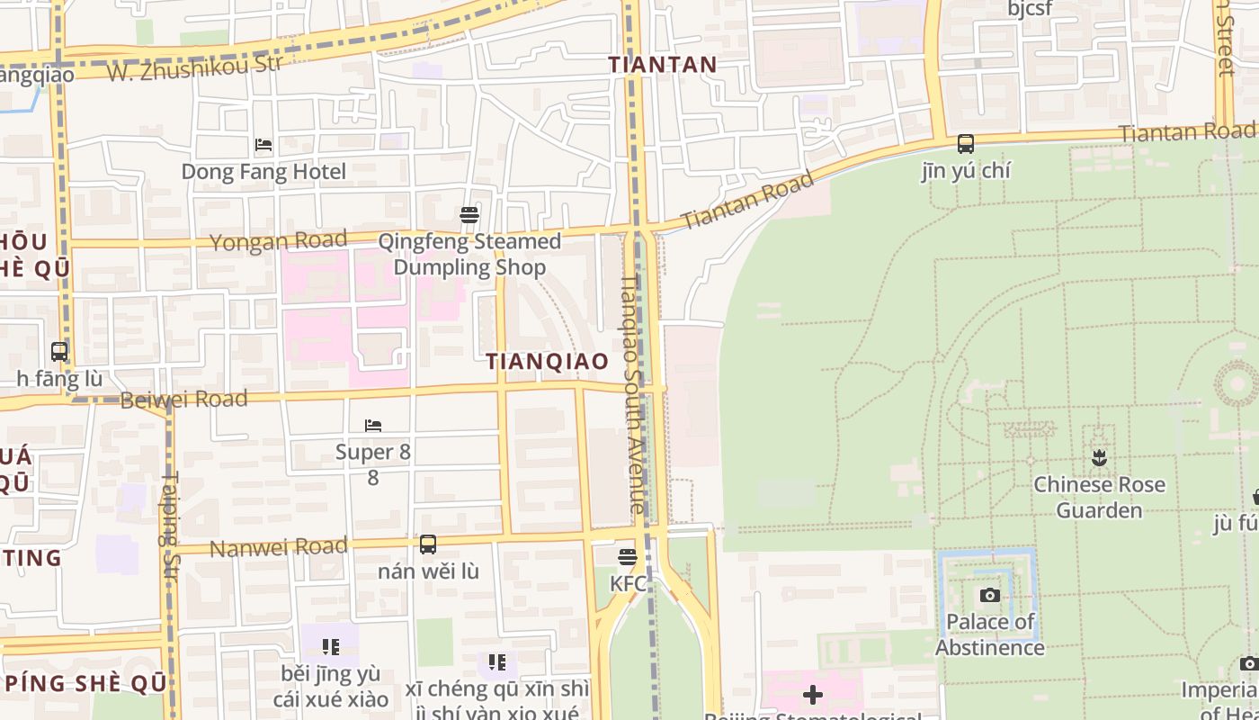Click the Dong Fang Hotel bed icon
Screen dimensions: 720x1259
[x=263, y=144]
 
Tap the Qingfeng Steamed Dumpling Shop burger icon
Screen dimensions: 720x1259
[x=469, y=214]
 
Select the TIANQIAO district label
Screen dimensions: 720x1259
[x=547, y=361]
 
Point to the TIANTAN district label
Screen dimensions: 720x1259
[x=662, y=65]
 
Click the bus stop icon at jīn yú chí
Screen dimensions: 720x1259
[x=965, y=143]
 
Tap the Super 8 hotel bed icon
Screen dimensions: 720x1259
[x=373, y=425]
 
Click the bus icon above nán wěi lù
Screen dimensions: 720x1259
[x=428, y=544]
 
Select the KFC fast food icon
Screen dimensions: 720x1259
[x=628, y=557]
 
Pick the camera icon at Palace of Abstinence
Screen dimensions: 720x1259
[x=989, y=595]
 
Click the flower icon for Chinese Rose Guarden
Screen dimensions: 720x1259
[x=1098, y=458]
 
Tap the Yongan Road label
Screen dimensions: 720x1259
[x=278, y=241]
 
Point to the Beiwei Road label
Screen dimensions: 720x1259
[x=183, y=399]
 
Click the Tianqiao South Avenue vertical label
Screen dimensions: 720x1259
[x=632, y=393]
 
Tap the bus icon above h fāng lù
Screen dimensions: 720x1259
[x=59, y=352]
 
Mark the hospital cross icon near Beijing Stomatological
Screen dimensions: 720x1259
[x=812, y=695]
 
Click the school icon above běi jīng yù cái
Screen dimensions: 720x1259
[x=330, y=646]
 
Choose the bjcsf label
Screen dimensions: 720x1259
[x=1030, y=9]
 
